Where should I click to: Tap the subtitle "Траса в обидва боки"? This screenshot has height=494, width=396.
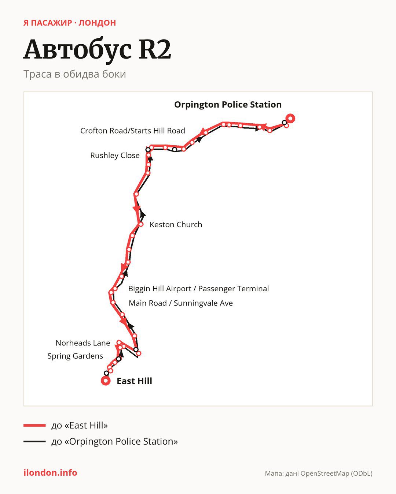point(75,74)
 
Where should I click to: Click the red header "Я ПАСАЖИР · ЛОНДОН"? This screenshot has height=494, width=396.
point(70,23)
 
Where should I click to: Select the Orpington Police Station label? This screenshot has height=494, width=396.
point(228,105)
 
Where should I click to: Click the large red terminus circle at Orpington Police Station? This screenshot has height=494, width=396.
point(290,119)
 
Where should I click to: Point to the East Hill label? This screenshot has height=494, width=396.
point(134,381)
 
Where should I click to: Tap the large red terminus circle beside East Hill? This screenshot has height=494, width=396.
point(106,381)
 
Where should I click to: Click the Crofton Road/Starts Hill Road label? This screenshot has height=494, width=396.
point(132,131)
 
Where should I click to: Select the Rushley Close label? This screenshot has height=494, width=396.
point(115,156)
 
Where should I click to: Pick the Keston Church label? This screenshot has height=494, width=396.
point(176,225)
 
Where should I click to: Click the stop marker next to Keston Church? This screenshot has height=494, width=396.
point(141,224)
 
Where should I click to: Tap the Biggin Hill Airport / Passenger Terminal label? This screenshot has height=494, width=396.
point(198,289)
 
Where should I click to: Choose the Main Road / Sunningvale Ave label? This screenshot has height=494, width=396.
point(181,303)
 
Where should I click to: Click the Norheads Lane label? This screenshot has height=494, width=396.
point(83,343)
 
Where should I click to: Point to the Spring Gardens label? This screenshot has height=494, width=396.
point(75,356)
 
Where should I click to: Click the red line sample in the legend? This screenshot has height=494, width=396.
point(34,425)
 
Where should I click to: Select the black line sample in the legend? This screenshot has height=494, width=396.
point(34,441)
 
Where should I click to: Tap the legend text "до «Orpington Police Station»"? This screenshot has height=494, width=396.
point(115,441)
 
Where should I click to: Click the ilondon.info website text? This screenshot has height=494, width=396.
point(50,472)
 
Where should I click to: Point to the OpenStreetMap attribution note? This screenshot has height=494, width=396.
point(319,473)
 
